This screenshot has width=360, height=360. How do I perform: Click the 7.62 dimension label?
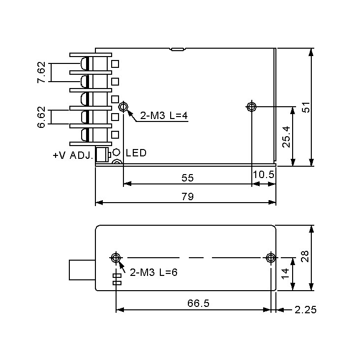point(41,72)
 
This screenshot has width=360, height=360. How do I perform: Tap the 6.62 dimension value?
point(41,117)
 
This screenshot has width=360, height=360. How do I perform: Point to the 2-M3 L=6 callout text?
point(153,271)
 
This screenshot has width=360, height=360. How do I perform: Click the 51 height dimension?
point(306,107)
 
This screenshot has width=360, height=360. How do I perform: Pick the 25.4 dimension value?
point(286,136)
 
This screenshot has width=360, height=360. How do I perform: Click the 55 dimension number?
point(187,177)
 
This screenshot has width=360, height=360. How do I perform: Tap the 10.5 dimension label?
point(263,175)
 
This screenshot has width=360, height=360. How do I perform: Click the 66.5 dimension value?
point(198,303)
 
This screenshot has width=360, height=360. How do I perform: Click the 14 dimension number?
point(286,274)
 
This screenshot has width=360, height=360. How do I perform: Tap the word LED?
point(136,153)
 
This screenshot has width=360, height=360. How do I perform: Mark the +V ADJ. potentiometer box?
point(102,155)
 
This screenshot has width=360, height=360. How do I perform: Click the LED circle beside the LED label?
point(117,152)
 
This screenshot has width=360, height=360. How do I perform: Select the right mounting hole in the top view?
point(252,106)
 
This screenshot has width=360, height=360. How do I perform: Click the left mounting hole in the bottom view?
point(116,257)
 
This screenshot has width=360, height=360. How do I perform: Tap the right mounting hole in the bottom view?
point(270,257)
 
